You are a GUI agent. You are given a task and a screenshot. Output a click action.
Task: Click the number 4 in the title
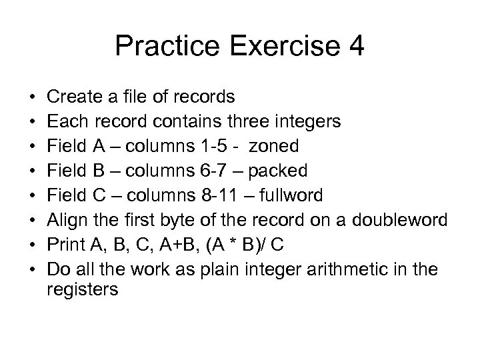pos(354,47)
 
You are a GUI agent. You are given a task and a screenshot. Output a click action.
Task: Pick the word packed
pos(278,171)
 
